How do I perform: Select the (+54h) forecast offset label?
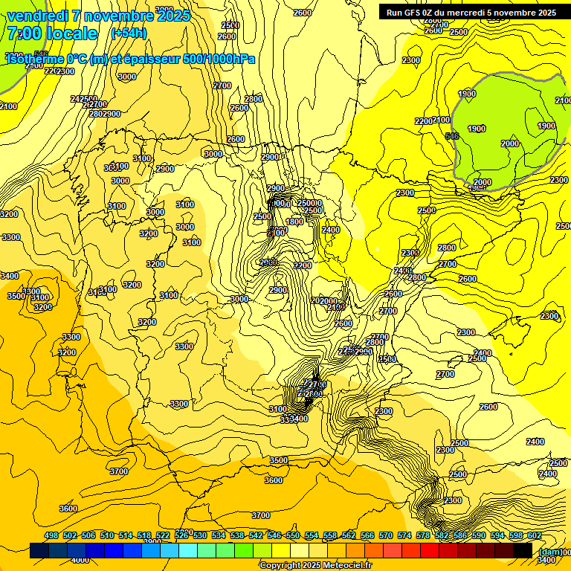coord(129,33)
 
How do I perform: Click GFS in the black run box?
coord(415,13)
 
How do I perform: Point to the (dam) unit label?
coord(549,551)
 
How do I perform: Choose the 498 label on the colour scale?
coord(51,535)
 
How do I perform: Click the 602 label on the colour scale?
coord(534,535)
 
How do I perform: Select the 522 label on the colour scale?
coord(163,535)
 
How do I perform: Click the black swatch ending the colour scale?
coord(523,551)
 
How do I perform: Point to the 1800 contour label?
coord(294,222)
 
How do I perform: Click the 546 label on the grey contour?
coord(451,136)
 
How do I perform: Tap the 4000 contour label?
coord(79,560)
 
